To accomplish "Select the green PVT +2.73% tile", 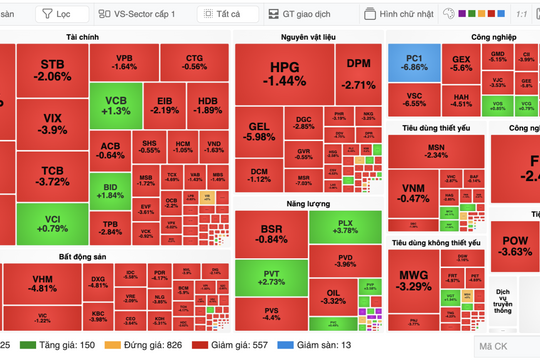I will tap(269, 278).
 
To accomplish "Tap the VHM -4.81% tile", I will tap(43, 284).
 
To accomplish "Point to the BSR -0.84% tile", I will tap(269, 234).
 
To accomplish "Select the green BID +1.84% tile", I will tap(110, 192).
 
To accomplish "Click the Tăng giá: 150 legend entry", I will tap(67, 345).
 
